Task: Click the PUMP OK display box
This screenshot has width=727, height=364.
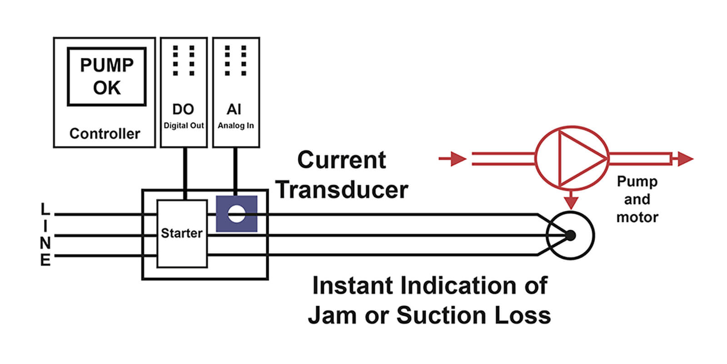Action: click(x=107, y=76)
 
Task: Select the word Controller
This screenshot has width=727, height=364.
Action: click(x=105, y=134)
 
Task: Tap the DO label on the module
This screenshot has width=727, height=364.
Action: click(x=183, y=109)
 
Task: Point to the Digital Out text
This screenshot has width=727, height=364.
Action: click(x=184, y=126)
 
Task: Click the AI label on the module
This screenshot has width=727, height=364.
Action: click(x=234, y=109)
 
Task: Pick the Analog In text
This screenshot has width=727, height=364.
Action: click(x=236, y=126)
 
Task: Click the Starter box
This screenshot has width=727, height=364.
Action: click(x=182, y=233)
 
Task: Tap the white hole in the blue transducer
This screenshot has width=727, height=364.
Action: click(x=236, y=214)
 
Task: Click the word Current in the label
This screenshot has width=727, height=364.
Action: click(x=342, y=160)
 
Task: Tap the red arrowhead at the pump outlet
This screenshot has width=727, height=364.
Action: click(x=684, y=159)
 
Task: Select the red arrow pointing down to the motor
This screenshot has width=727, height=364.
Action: click(x=571, y=201)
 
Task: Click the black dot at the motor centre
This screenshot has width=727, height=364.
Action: click(x=571, y=235)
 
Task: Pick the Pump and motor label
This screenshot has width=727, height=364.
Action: click(x=637, y=199)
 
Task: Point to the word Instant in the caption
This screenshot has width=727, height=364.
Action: click(x=353, y=286)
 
